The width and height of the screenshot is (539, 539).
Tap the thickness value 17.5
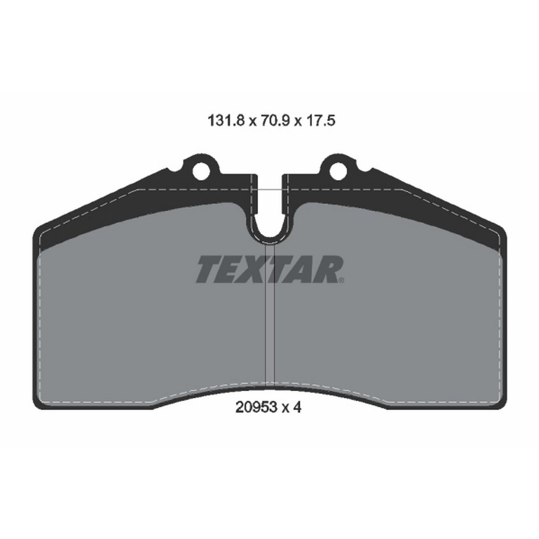(320, 121)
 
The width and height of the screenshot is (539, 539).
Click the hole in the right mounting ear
(337, 170)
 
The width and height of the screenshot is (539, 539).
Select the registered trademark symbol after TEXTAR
(341, 279)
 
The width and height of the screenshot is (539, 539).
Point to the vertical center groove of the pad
(270, 317)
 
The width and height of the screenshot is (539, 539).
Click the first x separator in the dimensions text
(252, 122)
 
